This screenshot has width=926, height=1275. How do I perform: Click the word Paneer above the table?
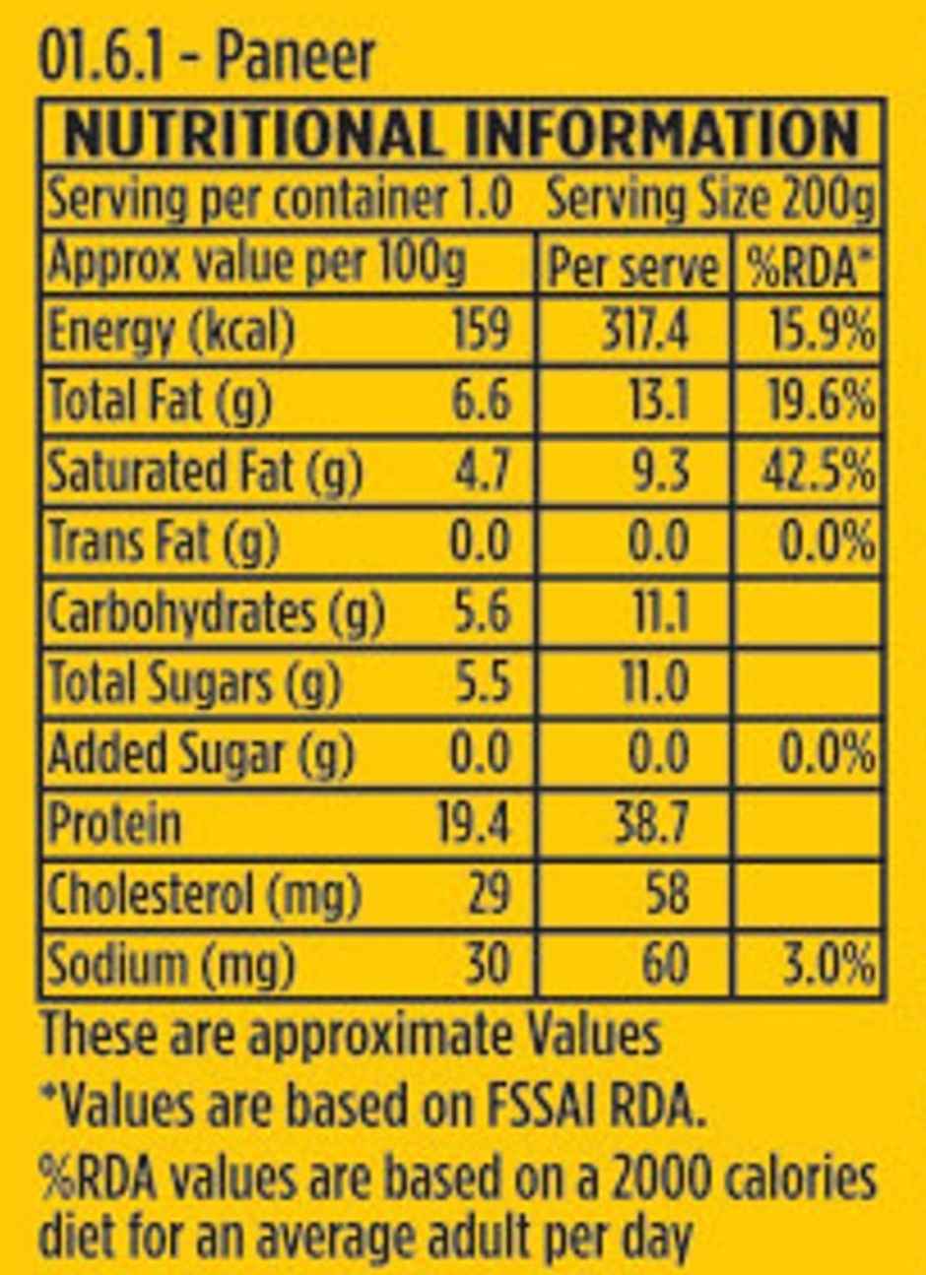click(296, 56)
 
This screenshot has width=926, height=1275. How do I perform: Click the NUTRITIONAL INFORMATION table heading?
click(461, 133)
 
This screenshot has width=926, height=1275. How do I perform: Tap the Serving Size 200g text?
click(709, 201)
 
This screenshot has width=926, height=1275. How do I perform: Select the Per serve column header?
click(632, 267)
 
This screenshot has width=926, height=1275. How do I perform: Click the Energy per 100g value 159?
click(481, 332)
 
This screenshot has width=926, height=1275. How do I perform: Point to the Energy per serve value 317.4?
click(645, 332)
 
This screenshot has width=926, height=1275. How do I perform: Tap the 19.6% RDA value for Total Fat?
click(818, 401)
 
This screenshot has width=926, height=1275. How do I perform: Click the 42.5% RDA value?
click(818, 472)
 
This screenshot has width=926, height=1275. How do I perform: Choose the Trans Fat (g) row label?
click(164, 541)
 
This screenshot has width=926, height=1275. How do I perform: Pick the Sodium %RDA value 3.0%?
click(826, 964)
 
